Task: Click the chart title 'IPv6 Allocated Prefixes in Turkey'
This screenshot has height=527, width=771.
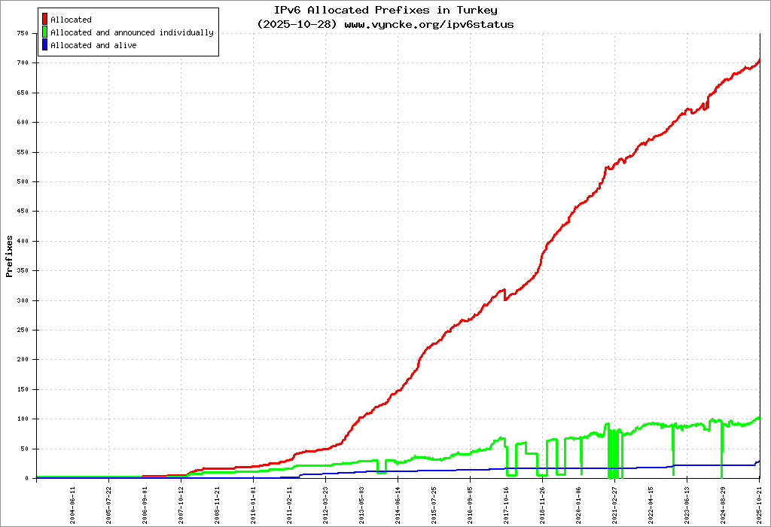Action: click(385, 11)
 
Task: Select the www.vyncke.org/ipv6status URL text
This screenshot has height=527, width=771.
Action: click(429, 24)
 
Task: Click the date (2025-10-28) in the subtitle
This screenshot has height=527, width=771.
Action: click(299, 24)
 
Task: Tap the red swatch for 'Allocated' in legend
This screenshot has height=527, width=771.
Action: click(45, 20)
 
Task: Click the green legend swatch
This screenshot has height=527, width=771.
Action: click(45, 32)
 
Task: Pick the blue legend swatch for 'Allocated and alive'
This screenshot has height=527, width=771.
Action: click(45, 45)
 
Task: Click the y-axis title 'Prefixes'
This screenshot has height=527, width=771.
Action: click(10, 256)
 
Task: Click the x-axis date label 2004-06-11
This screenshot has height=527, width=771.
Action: click(73, 502)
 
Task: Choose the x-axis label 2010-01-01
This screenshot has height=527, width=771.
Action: click(254, 502)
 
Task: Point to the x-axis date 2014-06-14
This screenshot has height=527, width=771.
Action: click(398, 502)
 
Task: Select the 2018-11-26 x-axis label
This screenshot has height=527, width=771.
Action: click(543, 502)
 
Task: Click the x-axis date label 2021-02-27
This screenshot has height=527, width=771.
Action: click(615, 502)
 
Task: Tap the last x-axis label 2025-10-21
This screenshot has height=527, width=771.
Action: click(760, 502)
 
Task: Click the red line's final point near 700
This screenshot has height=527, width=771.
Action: click(759, 61)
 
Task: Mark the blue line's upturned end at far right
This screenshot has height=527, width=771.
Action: click(758, 462)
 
